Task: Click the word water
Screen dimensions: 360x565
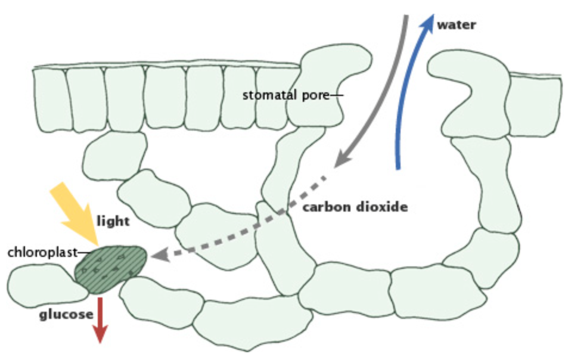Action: (456, 25)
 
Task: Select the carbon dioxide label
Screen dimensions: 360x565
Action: (355, 207)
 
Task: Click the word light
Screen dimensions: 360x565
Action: (113, 222)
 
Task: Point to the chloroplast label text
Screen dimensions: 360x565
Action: (42, 252)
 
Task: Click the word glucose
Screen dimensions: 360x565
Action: (66, 314)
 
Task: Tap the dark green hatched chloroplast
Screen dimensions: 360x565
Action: (110, 268)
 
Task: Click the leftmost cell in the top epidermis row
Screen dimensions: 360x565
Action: (50, 99)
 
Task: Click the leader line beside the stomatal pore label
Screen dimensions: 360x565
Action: (339, 95)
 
